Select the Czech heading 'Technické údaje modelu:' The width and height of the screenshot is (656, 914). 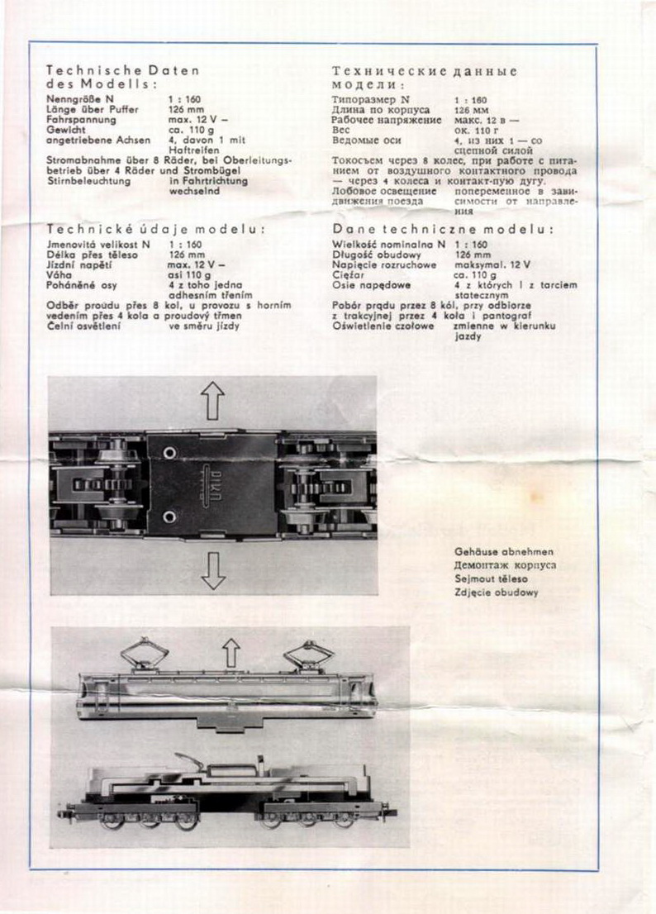(x=155, y=229)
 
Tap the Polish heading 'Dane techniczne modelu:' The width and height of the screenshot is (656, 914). (x=443, y=229)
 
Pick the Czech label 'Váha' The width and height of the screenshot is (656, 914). (x=60, y=275)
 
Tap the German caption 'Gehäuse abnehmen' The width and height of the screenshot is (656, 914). (x=503, y=551)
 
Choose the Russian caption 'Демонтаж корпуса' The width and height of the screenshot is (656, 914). (x=504, y=565)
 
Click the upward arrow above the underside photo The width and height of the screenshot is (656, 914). (x=213, y=402)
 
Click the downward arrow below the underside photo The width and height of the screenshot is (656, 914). (x=213, y=570)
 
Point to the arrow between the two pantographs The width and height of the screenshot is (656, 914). (x=231, y=653)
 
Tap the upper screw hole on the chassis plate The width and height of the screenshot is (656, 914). (x=169, y=454)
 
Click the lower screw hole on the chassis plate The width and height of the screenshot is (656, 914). (x=169, y=517)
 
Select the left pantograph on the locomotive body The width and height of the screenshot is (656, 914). (x=145, y=654)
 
